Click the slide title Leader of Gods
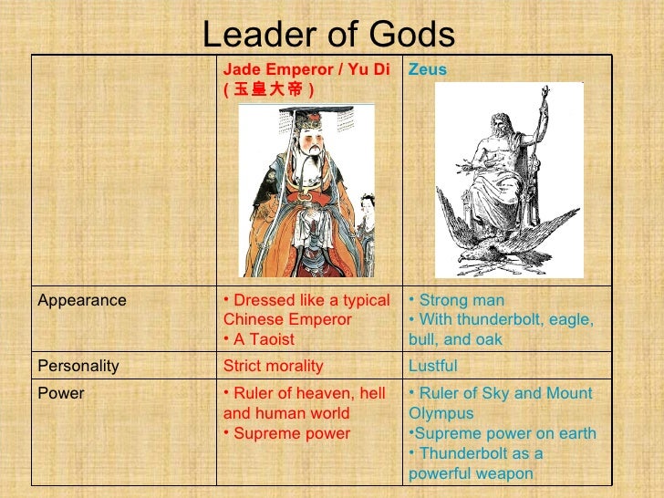[x=327, y=36]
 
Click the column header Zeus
[x=427, y=69]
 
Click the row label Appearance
[x=82, y=300]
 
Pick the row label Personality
[x=78, y=366]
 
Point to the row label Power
[x=61, y=393]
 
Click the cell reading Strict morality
[x=274, y=366]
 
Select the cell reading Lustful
[x=433, y=366]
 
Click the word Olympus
[x=441, y=413]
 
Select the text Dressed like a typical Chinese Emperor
[x=306, y=310]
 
